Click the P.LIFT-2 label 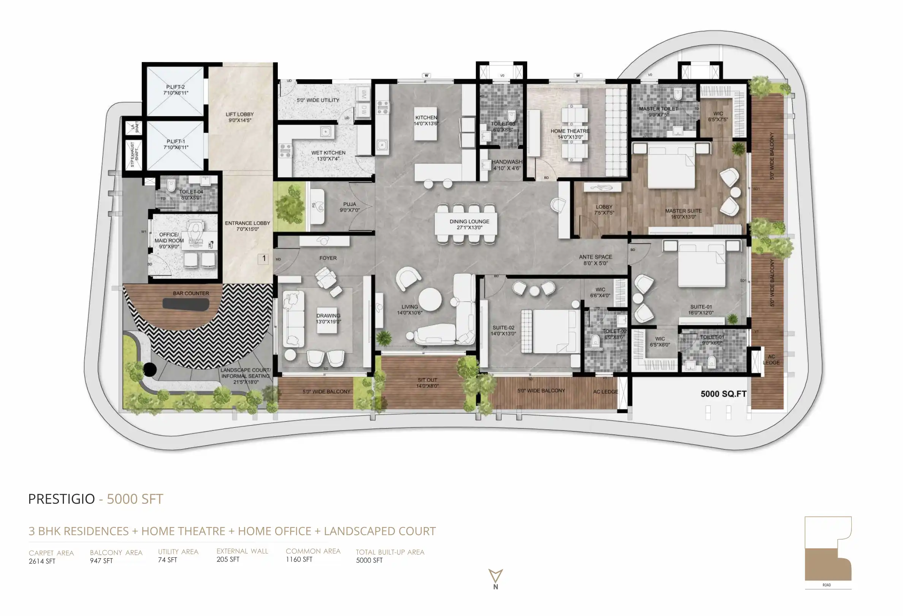(175, 87)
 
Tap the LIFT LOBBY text (239, 114)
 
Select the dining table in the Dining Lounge (466, 224)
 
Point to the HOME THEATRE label (570, 131)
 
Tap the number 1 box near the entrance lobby (264, 259)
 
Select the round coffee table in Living (430, 299)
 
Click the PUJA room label (349, 204)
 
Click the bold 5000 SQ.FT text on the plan (723, 394)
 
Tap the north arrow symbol (496, 576)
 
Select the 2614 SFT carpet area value (42, 561)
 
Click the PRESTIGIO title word (62, 499)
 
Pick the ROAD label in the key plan (827, 585)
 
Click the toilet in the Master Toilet (678, 94)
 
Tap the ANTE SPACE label (595, 257)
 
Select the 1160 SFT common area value (299, 559)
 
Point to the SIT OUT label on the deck (427, 380)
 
